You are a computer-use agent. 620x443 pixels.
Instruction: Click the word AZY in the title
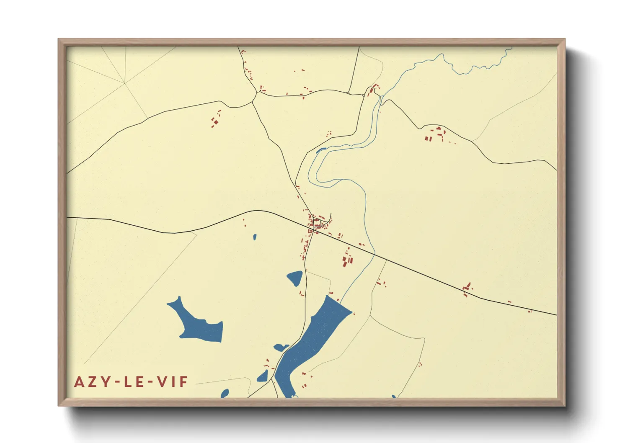pyautogui.click(x=90, y=382)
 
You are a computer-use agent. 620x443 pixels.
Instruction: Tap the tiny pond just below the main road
pyautogui.click(x=254, y=237)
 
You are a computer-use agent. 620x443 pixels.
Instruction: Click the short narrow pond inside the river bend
pyautogui.click(x=321, y=149)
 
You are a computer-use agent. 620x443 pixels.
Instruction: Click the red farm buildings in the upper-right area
pyautogui.click(x=436, y=134)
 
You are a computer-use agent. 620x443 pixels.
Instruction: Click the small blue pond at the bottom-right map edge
pyautogui.click(x=394, y=397)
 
